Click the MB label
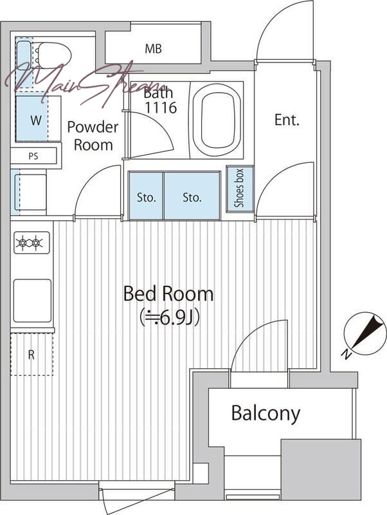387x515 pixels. click(x=154, y=49)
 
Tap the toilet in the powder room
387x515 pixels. click(x=53, y=55)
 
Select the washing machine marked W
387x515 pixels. click(x=39, y=118)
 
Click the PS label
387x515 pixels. click(x=33, y=156)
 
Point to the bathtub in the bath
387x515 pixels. click(x=217, y=120)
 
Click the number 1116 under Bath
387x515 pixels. click(x=161, y=108)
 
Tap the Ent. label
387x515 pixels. click(x=287, y=120)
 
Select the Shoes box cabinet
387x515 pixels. click(x=240, y=189)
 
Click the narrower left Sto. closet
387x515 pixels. click(x=146, y=196)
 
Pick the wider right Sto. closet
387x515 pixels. click(x=192, y=196)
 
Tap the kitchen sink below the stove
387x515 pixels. click(x=32, y=301)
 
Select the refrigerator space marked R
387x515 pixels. click(x=32, y=355)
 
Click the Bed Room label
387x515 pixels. click(x=168, y=294)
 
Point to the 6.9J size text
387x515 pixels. click(x=170, y=317)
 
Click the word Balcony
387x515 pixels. click(x=265, y=413)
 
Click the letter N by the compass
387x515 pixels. click(x=346, y=354)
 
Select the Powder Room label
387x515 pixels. click(x=93, y=136)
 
